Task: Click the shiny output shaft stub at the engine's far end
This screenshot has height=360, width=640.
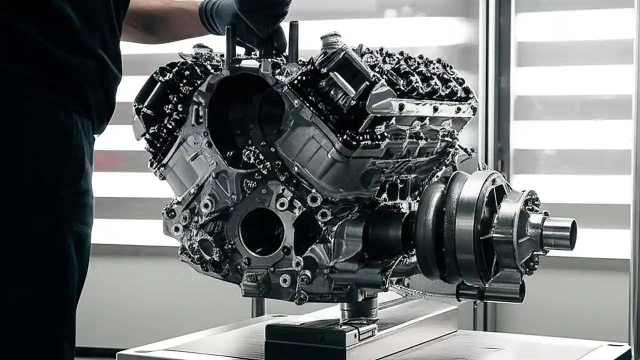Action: [x=559, y=233]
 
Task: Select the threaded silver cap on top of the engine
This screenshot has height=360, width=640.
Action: [x=331, y=42]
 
